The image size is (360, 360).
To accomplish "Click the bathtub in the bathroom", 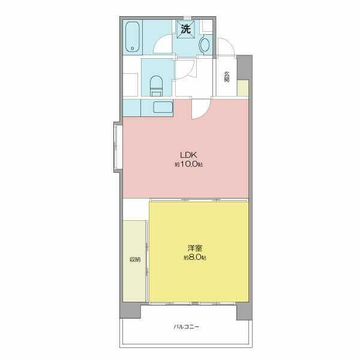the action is tap(133, 37).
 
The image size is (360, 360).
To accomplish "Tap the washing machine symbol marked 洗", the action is tap(186, 29).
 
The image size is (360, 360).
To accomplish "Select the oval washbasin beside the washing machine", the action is tap(205, 45).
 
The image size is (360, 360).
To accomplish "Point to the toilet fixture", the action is tap(156, 86).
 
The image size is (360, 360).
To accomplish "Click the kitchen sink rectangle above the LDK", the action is tap(163, 107).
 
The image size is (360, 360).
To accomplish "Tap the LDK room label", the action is tap(188, 155).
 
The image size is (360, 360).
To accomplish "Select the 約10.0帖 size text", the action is tap(188, 164).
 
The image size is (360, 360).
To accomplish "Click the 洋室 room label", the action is tap(194, 248).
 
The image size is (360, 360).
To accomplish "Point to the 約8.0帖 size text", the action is tap(194, 257).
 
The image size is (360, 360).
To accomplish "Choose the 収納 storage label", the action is tap(135, 260).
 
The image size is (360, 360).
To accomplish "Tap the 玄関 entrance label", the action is tap(227, 77).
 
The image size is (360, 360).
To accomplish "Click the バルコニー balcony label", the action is tap(186, 326).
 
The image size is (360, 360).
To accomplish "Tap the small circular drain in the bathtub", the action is tap(133, 48).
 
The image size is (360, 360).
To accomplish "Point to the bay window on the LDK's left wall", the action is tap(118, 147).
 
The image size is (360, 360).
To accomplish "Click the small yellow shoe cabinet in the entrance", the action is tap(243, 88).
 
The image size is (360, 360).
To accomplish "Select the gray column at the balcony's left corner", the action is tap(130, 310).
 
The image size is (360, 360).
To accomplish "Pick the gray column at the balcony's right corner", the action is tap(244, 311).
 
